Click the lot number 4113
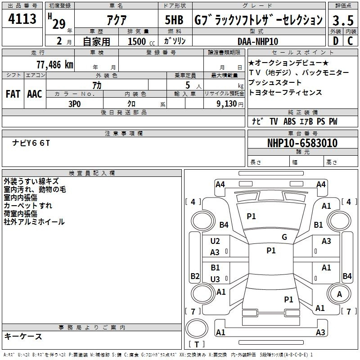22,18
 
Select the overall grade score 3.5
343,20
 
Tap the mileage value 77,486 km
55,65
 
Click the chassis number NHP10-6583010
302,143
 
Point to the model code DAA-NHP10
258,41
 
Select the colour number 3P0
75,104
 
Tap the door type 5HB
174,20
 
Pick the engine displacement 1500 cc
141,41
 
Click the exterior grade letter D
336,41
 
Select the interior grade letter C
350,41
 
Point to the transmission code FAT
13,94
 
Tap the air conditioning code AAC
35,94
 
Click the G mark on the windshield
284,237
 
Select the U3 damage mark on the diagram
215,279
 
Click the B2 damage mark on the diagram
195,276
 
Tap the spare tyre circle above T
197,328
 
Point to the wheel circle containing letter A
339,294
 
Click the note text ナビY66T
31,143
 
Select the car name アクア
117,20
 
